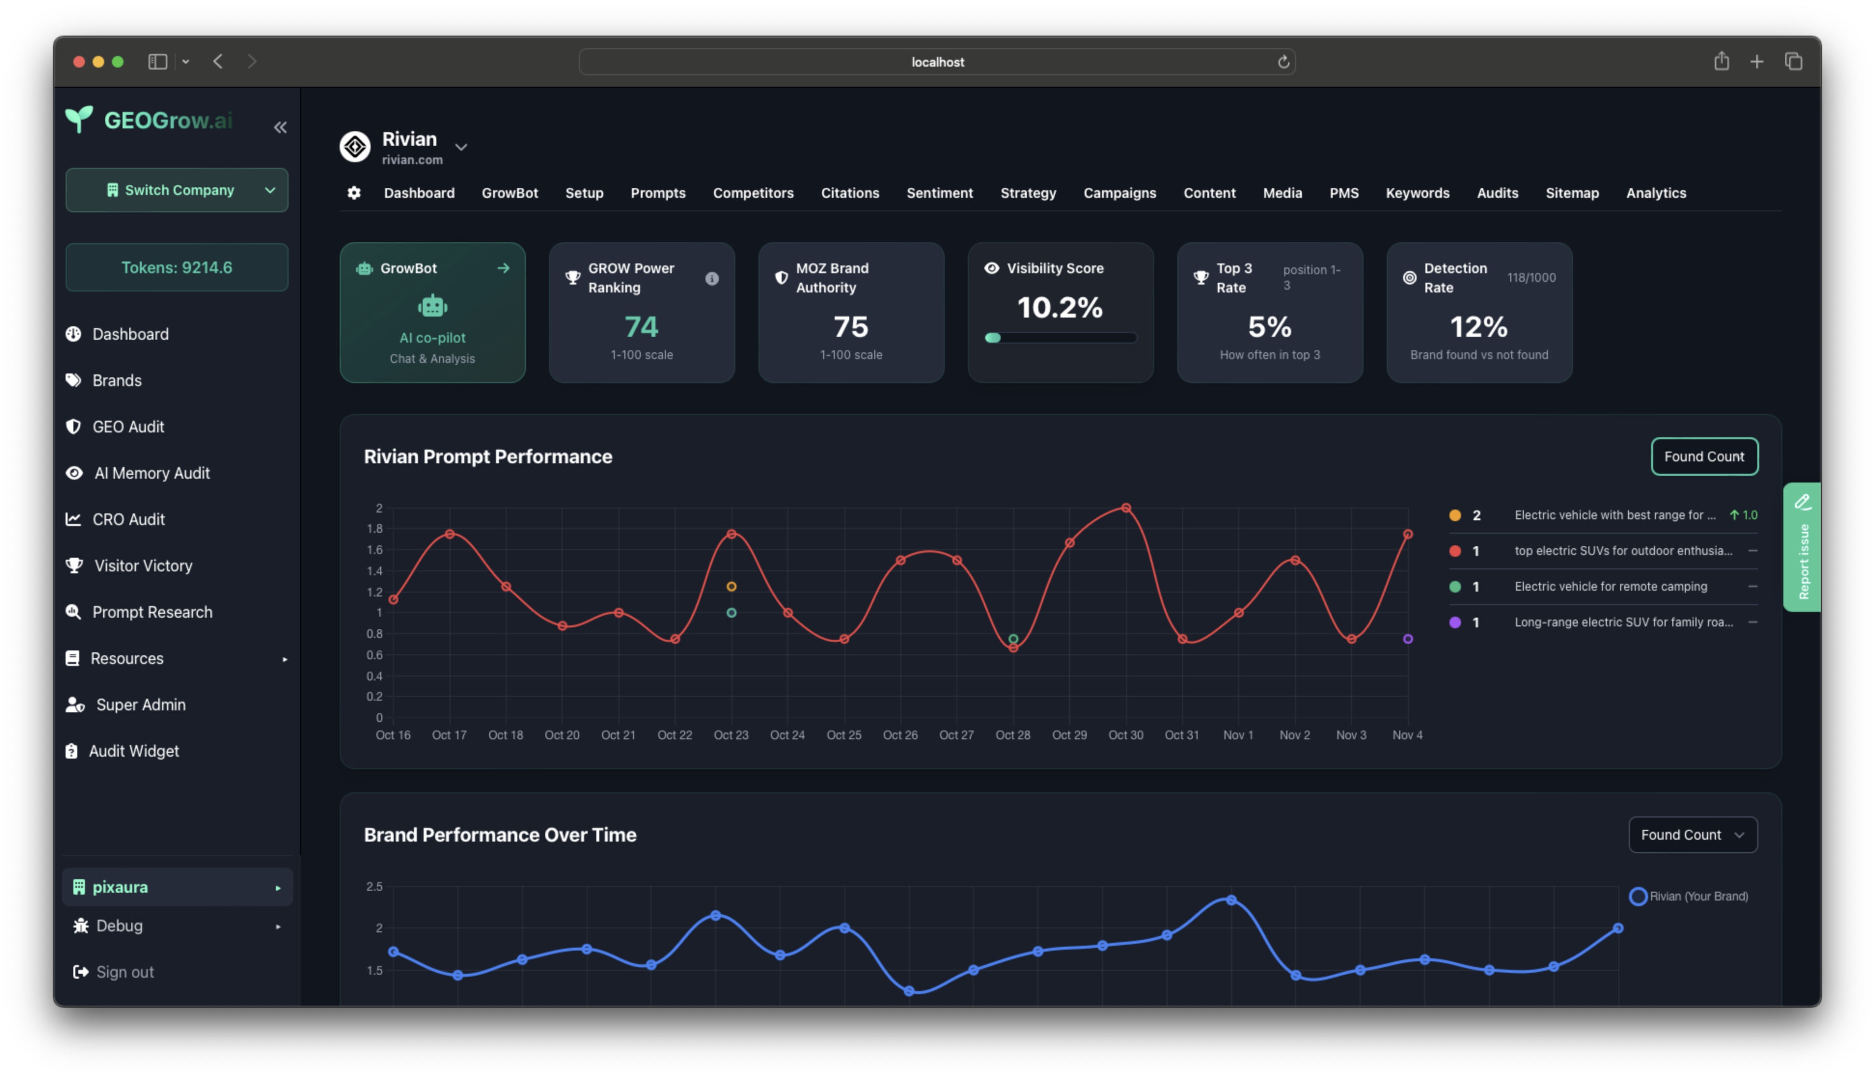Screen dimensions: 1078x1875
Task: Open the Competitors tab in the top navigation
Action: coord(753,193)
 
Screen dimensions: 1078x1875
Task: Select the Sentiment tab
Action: coord(939,193)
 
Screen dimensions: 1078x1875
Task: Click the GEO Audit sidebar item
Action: coord(128,427)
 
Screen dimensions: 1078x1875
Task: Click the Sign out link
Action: coord(124,972)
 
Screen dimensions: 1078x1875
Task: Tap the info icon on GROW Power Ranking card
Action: coord(711,278)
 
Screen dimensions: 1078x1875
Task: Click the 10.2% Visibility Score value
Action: coord(1059,307)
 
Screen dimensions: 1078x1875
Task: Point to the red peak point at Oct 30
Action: coord(1125,508)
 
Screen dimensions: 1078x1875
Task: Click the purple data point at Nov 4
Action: coord(1407,639)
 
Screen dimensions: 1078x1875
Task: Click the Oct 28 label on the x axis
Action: coord(1012,735)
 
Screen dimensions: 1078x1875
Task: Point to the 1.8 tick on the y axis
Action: coord(374,529)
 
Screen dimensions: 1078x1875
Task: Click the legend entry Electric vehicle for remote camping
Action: coord(1610,586)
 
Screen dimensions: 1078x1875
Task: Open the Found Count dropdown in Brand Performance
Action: coord(1692,835)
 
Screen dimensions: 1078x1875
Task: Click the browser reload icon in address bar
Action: coord(1283,62)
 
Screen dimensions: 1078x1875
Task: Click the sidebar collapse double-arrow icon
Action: coord(280,127)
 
